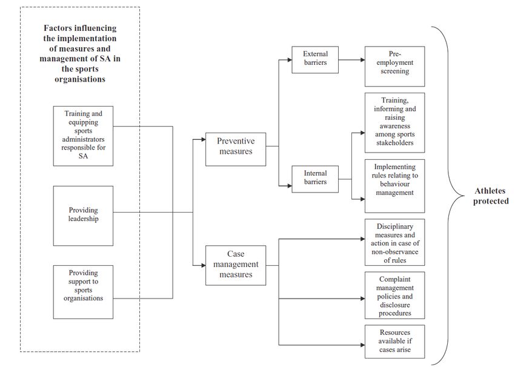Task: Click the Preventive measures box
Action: pyautogui.click(x=236, y=149)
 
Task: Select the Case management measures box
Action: pyautogui.click(x=236, y=265)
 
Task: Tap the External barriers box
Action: pyautogui.click(x=315, y=60)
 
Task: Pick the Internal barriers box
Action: pyautogui.click(x=315, y=179)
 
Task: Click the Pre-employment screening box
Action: pyautogui.click(x=394, y=66)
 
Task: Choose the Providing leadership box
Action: pyautogui.click(x=83, y=216)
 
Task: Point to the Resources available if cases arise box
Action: pyautogui.click(x=394, y=342)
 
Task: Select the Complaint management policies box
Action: pyautogui.click(x=394, y=295)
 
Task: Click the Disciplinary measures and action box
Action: pyautogui.click(x=394, y=242)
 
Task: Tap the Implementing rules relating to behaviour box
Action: pyautogui.click(x=394, y=186)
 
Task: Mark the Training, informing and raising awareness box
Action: pyautogui.click(x=394, y=123)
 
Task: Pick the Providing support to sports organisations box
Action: pyautogui.click(x=83, y=292)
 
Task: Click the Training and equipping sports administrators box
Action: pyautogui.click(x=83, y=136)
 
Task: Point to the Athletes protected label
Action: pyautogui.click(x=491, y=196)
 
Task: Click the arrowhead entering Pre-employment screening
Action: pyautogui.click(x=362, y=60)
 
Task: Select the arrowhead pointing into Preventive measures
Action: pyautogui.click(x=204, y=139)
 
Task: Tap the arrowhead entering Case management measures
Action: pyautogui.click(x=204, y=265)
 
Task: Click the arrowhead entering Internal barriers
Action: pyautogui.click(x=290, y=186)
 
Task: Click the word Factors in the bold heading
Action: pyautogui.click(x=58, y=28)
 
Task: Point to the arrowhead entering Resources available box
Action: pyautogui.click(x=362, y=345)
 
